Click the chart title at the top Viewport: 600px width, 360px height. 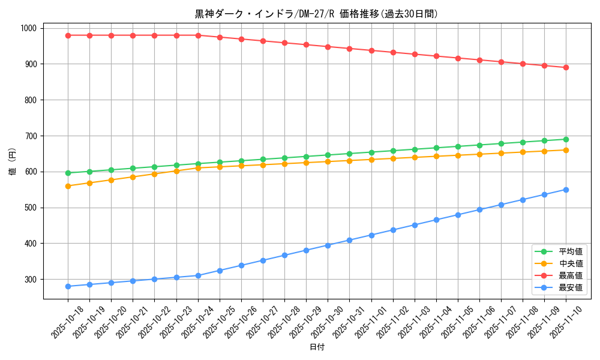317,14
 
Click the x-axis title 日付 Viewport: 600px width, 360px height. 317,347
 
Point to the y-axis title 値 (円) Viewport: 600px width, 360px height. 13,162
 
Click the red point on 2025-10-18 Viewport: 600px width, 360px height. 68,35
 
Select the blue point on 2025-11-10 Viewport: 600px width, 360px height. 566,190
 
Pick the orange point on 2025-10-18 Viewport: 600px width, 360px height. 68,186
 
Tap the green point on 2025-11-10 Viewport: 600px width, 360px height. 566,139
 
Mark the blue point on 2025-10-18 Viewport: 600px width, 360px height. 68,286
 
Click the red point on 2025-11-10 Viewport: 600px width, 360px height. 566,67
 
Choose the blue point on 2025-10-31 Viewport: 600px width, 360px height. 349,240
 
